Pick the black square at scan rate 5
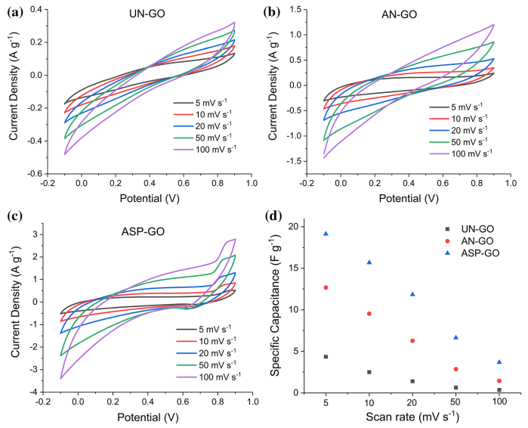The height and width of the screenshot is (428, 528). pyautogui.click(x=326, y=357)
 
